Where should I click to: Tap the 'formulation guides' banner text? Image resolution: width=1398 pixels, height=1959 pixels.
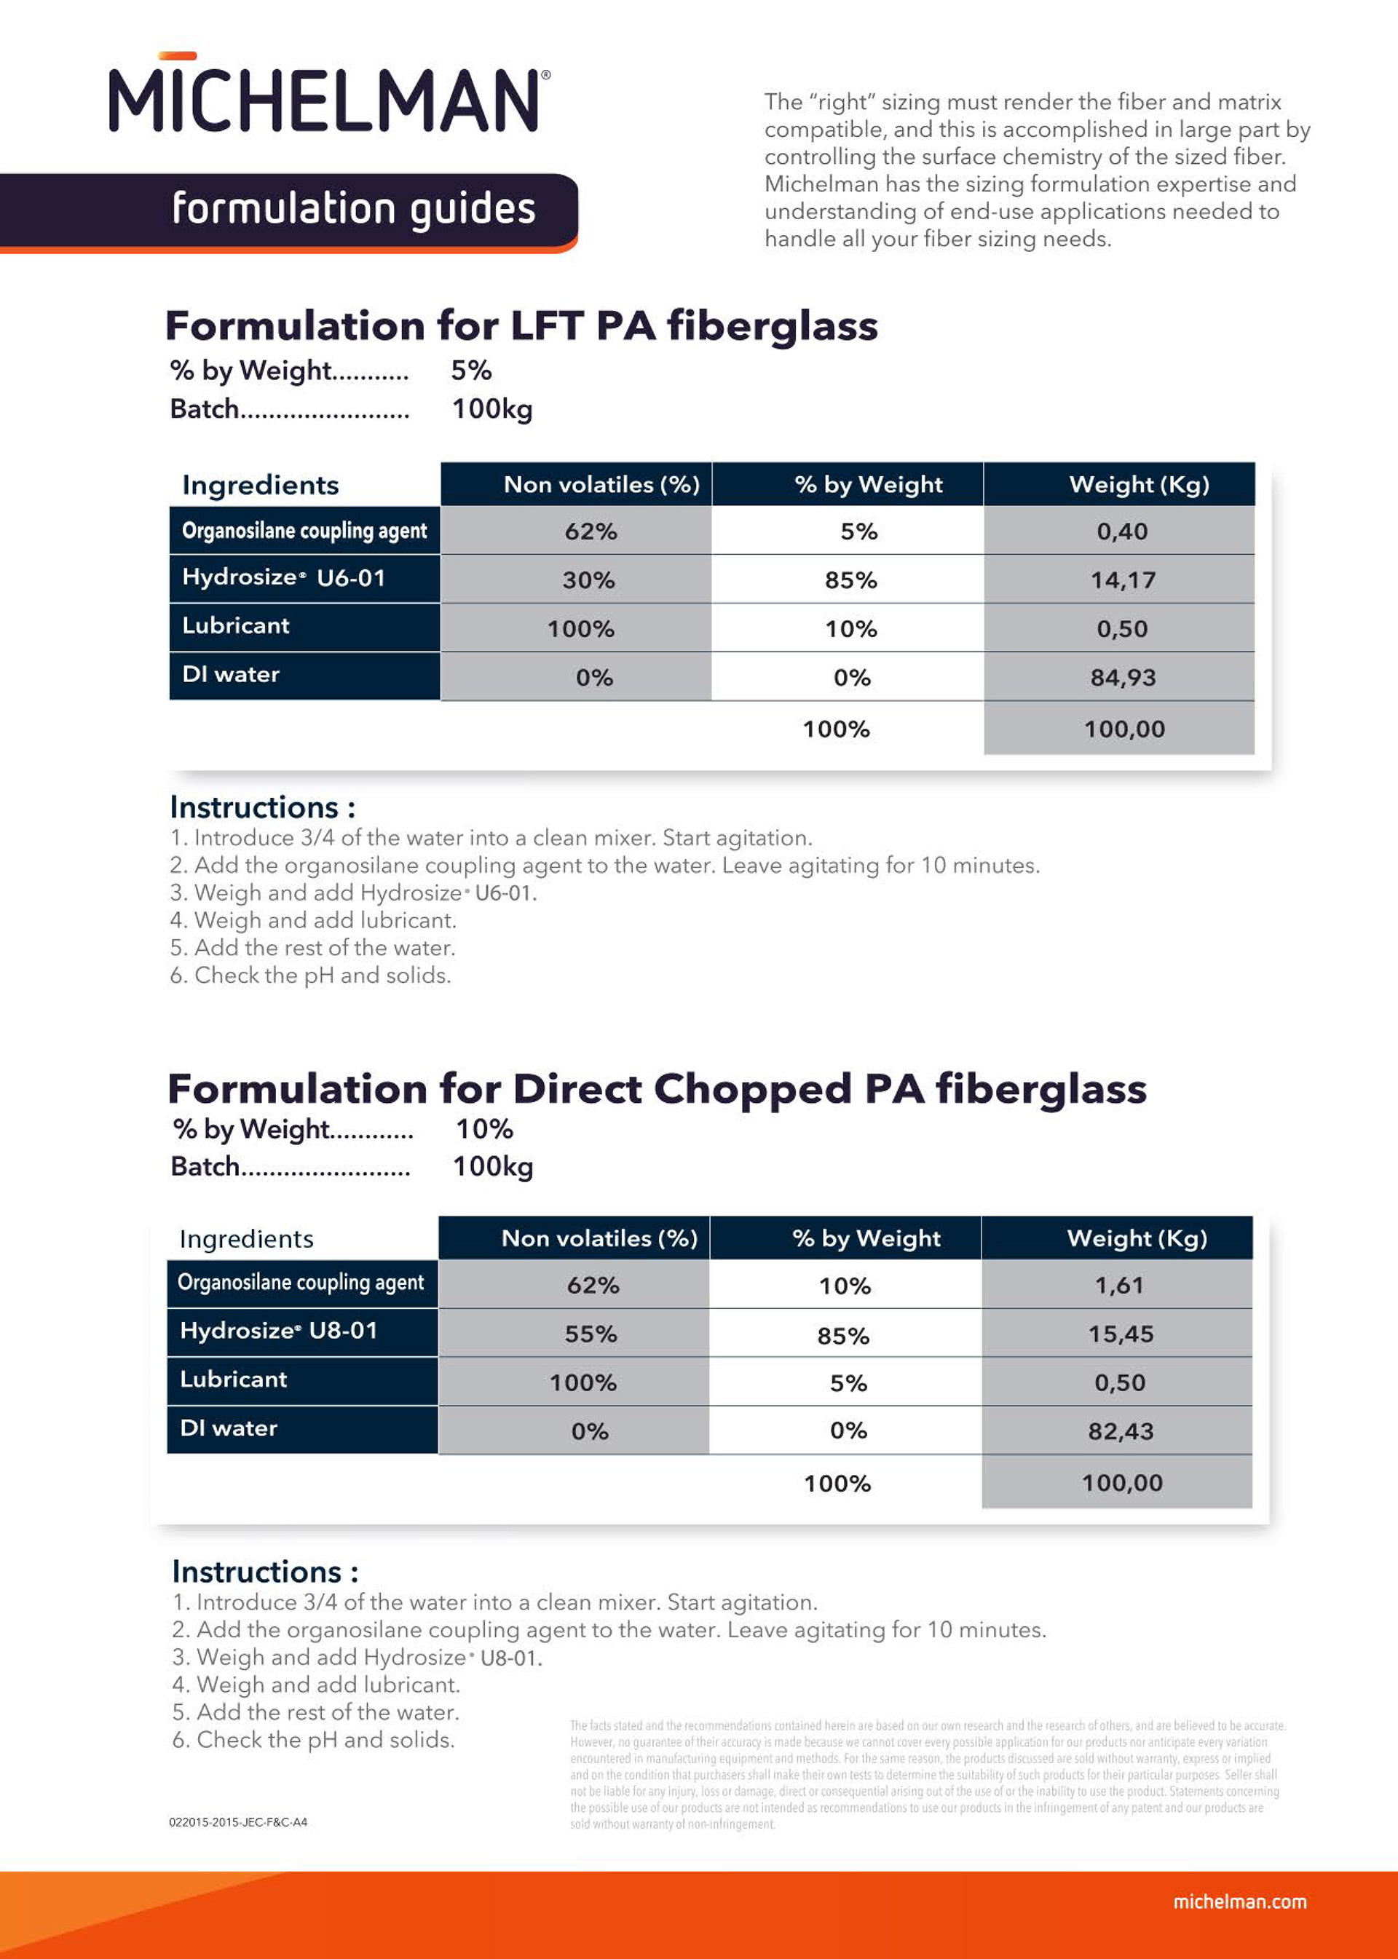point(353,209)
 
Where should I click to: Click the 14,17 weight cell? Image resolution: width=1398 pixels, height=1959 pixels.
point(1123,580)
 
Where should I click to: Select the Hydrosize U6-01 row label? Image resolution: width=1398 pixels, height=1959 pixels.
point(283,577)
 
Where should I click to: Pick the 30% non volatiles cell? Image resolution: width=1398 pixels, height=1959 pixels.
point(589,580)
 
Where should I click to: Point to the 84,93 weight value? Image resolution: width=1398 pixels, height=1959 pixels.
point(1123,677)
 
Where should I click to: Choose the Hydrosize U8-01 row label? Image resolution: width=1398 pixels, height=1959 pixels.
point(278,1331)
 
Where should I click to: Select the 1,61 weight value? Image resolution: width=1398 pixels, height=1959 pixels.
point(1119,1285)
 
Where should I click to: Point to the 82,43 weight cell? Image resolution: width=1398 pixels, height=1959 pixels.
point(1120,1431)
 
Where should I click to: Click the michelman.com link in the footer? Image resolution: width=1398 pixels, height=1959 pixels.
point(1239,1901)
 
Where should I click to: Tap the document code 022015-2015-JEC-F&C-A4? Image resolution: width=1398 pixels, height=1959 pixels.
point(237,1822)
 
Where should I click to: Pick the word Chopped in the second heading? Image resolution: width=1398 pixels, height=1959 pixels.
point(752,1089)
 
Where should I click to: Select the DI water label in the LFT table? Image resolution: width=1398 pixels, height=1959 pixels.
point(231,675)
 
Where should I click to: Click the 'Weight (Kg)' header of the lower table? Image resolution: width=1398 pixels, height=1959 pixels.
point(1137,1238)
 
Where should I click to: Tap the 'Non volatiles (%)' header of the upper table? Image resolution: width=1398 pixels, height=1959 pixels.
point(601,485)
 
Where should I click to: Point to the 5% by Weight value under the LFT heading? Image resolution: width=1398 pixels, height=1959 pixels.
point(471,370)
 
